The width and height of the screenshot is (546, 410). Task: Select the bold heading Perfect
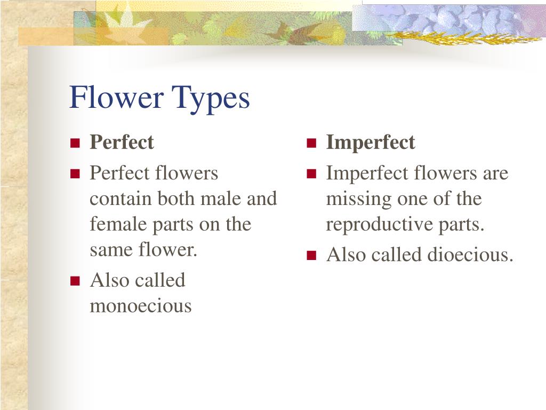122,143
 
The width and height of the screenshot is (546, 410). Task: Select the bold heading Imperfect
371,143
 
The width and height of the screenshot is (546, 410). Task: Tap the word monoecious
141,306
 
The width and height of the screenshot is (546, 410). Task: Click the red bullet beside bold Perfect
75,143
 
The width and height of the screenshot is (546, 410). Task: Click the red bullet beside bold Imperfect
311,143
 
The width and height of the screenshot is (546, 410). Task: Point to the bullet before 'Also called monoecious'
75,281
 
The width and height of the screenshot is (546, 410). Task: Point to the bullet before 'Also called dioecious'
311,256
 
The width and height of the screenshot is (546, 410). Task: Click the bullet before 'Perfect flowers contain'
75,174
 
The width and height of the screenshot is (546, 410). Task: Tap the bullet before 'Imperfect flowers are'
311,174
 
